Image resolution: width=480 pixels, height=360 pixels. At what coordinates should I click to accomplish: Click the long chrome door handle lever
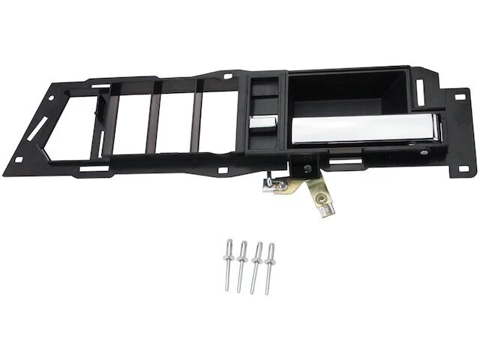coord(360,129)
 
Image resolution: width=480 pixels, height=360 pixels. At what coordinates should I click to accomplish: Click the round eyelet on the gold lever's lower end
coord(322,200)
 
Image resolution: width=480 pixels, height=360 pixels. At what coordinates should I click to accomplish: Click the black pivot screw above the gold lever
coord(305,169)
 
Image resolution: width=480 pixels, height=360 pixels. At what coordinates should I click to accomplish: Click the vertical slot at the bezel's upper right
coord(420,91)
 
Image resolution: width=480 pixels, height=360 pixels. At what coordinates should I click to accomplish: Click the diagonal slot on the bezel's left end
coord(37,129)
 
